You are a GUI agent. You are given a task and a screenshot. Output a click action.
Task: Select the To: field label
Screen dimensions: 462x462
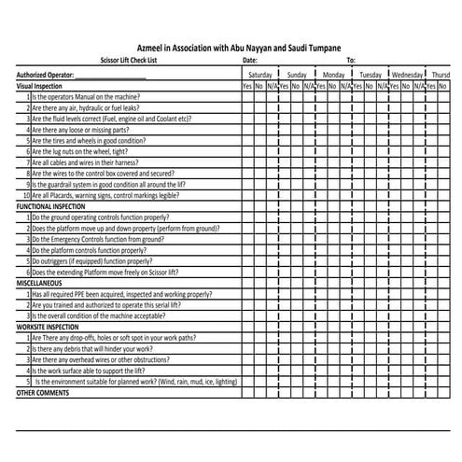coord(351,59)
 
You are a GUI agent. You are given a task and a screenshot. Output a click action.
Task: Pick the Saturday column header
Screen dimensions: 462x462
coord(259,73)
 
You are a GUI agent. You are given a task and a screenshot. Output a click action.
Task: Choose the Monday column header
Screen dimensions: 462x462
coord(333,73)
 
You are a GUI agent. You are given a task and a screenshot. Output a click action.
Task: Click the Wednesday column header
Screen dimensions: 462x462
coord(407,73)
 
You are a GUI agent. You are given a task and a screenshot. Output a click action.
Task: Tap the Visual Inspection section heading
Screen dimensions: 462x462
coord(40,85)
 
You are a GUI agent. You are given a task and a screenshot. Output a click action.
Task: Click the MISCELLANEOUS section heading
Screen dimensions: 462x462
coord(39,282)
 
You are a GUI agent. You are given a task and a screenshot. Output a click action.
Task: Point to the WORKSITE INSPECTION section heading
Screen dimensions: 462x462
coord(49,327)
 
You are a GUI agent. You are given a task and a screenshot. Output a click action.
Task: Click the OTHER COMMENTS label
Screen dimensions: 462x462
coord(43,392)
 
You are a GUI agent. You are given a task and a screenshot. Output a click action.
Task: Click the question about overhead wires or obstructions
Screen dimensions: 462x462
coord(107,358)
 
